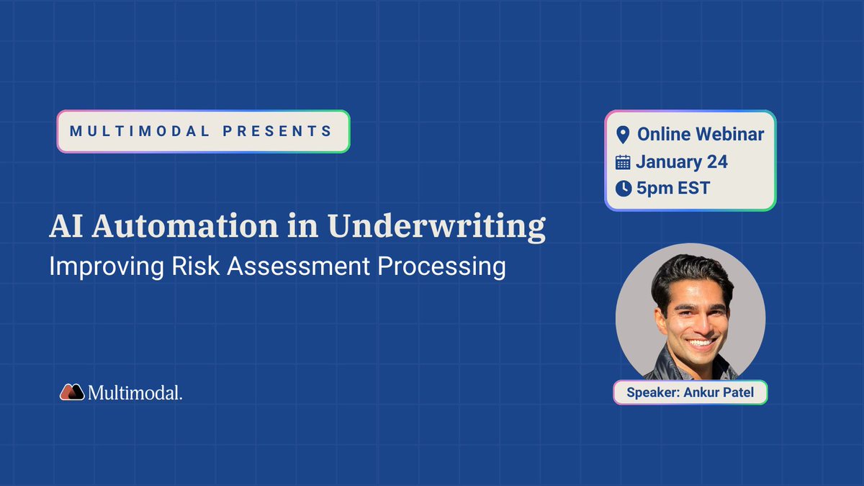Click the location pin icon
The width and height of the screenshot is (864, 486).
(623, 135)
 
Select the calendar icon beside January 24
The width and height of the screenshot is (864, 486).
(623, 162)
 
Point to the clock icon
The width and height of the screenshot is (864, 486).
(623, 189)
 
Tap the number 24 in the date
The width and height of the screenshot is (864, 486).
(716, 161)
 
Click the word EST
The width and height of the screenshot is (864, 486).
(693, 189)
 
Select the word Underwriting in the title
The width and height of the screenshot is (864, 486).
(436, 226)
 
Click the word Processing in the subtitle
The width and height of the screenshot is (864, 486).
(441, 266)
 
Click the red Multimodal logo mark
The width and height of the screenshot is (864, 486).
(72, 392)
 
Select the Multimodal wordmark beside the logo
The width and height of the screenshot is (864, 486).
(135, 392)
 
